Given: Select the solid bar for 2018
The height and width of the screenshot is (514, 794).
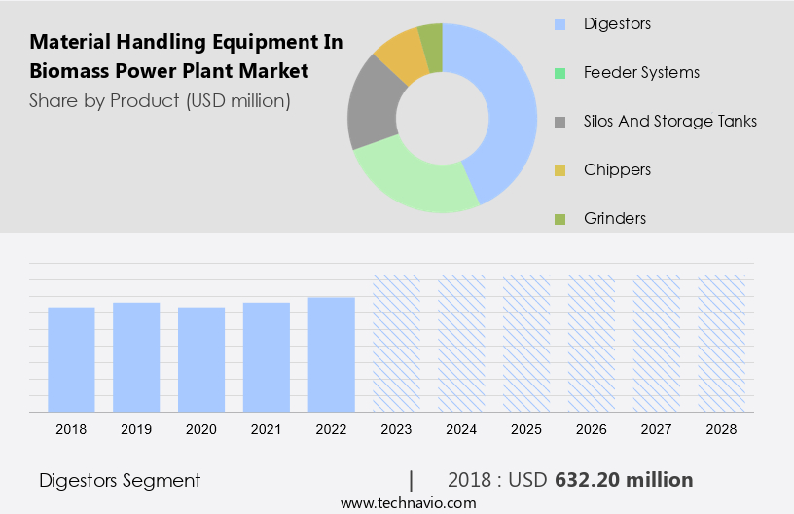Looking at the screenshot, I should tap(71, 359).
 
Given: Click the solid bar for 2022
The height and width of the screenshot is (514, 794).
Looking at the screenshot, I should tap(331, 354).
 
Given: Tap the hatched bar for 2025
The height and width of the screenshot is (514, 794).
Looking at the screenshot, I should tap(526, 343).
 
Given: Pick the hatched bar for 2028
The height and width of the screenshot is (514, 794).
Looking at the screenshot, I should tap(722, 343).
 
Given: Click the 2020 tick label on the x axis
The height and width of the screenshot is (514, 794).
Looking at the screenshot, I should tap(201, 428).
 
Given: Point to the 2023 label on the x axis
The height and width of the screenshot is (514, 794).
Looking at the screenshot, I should tap(396, 428).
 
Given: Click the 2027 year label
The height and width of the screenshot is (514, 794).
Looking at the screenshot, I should tap(657, 428).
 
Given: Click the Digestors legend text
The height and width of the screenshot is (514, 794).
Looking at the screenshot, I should tap(617, 22).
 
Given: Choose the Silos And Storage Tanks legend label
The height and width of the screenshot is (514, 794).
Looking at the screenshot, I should tap(669, 121).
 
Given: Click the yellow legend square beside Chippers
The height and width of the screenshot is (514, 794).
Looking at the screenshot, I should tap(559, 170).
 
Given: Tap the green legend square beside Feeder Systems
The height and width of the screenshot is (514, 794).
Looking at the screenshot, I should tap(559, 72).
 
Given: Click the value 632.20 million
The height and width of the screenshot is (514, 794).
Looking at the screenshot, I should tap(624, 480).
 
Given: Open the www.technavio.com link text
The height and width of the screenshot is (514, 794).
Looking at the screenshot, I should tap(408, 502).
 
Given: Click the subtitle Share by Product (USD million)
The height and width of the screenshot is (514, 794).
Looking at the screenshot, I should tap(160, 100).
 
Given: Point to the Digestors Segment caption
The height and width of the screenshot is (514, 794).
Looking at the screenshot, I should tap(120, 480).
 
